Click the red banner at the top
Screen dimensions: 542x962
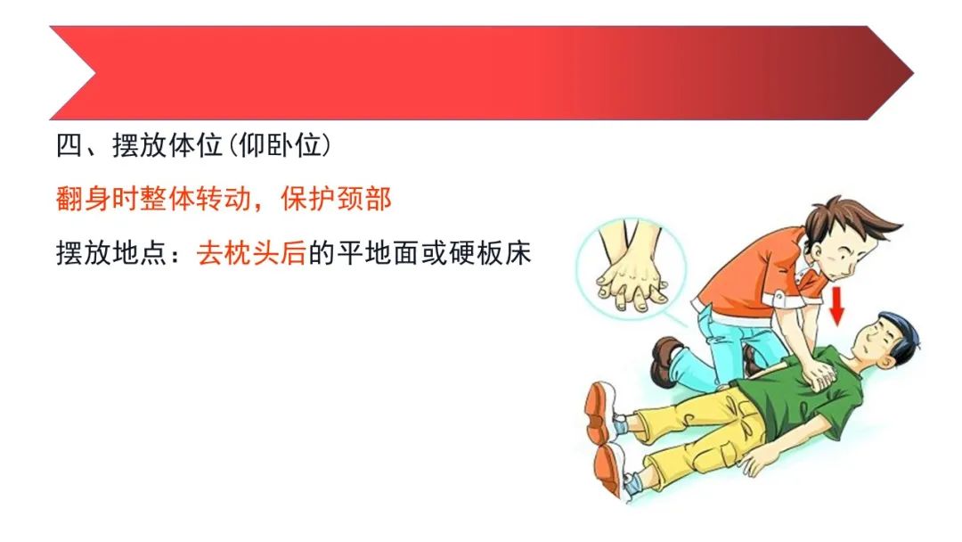coord(481,72)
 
